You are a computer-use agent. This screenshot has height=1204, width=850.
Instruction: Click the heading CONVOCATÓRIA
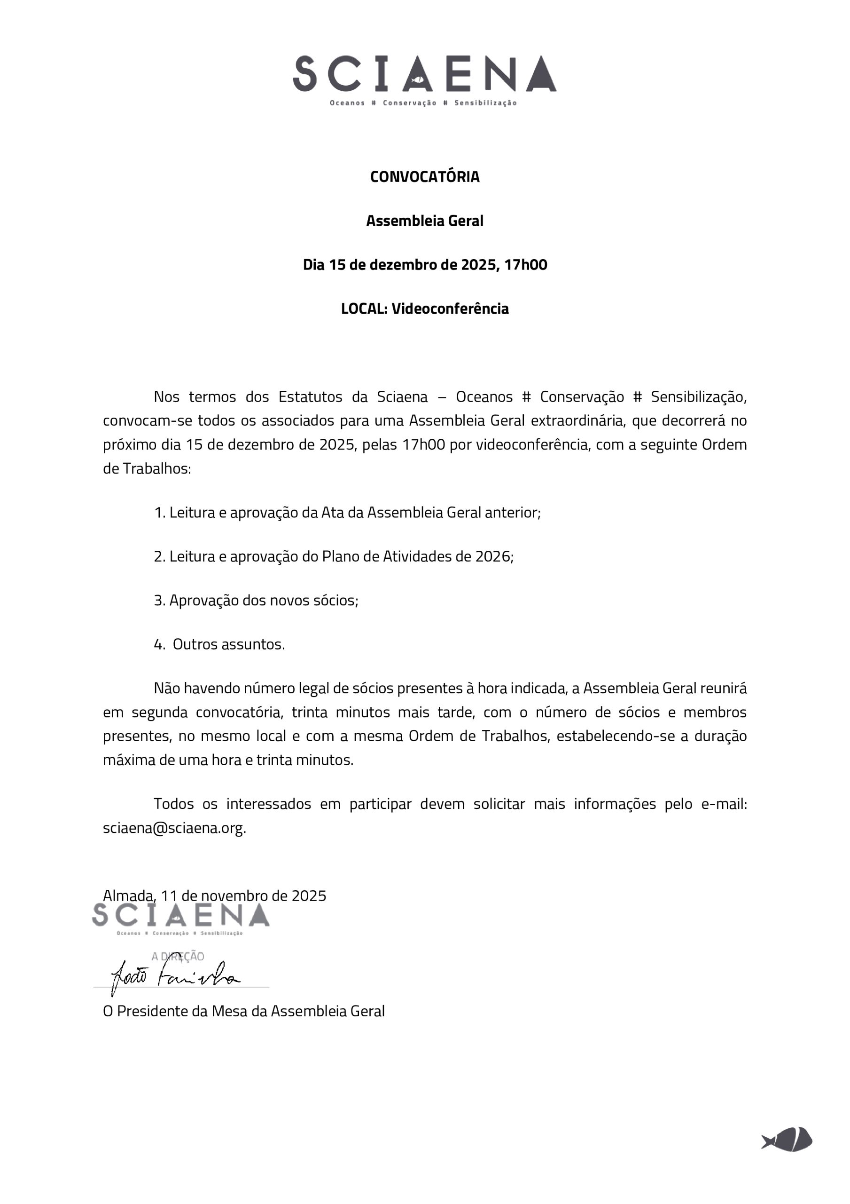tap(424, 177)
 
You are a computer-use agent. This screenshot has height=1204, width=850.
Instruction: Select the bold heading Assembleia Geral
tap(424, 221)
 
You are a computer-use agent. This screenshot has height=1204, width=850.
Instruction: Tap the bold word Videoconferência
tap(450, 309)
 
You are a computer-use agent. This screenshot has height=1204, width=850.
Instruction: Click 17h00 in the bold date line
tap(526, 265)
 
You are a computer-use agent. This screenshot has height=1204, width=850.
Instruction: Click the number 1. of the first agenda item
tap(160, 513)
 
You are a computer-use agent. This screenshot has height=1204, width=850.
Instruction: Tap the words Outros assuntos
tap(228, 644)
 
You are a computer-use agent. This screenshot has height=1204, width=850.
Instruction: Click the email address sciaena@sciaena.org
tap(174, 829)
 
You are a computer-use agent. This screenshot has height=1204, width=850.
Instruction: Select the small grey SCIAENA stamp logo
tap(181, 916)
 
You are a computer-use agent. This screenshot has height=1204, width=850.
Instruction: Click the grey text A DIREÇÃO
tap(178, 956)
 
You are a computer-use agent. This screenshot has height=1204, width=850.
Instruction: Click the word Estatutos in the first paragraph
tap(311, 397)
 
